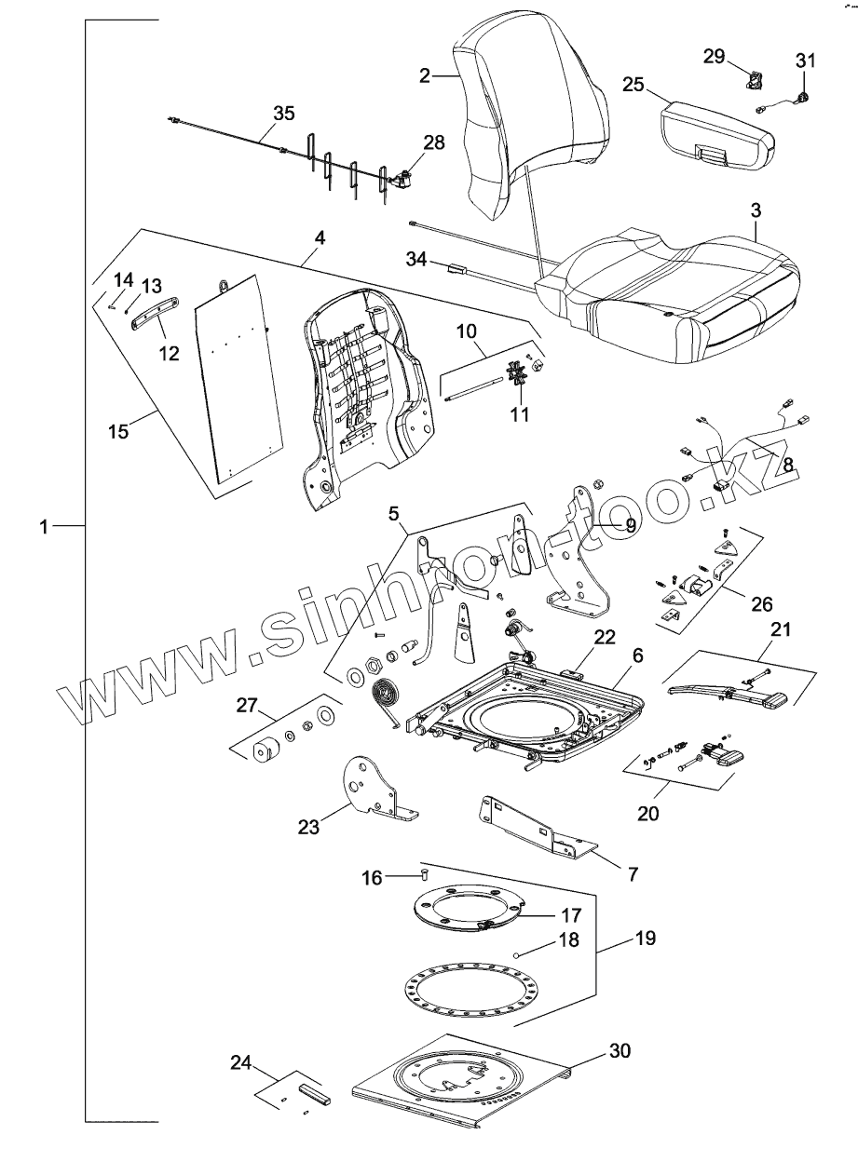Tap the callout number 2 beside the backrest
coord(425,75)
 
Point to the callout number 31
coord(805,61)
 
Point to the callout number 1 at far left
coord(44,527)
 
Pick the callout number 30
coord(620,1051)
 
